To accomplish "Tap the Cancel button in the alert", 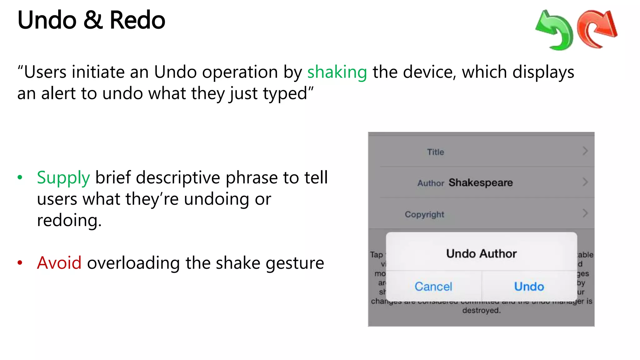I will click(433, 286).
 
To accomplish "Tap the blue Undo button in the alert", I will click(529, 286).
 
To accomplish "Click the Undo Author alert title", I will click(481, 253).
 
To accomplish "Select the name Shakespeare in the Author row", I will click(481, 182).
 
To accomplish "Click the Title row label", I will click(435, 152).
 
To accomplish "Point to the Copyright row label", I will click(424, 214).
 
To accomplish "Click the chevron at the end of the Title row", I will click(585, 151).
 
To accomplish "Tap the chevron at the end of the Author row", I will click(585, 182).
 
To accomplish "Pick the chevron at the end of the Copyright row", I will click(585, 213).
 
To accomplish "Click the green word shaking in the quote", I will click(337, 72).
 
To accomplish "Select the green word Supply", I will click(63, 178).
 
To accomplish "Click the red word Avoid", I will click(59, 263).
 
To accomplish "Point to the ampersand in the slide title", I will click(93, 20).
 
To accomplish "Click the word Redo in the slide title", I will click(137, 20).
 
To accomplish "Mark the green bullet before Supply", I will click(20, 177).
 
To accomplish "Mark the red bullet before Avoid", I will click(20, 262).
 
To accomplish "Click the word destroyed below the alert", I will click(481, 310).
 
